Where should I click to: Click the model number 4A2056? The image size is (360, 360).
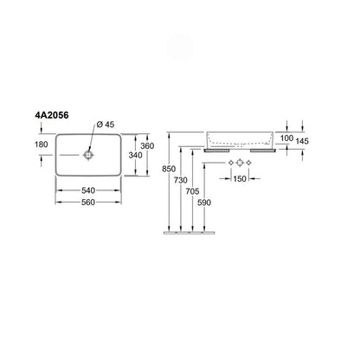point(52,115)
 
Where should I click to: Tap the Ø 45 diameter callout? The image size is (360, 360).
point(106,125)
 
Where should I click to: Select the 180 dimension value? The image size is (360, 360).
point(42,145)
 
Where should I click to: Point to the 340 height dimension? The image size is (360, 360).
point(135,155)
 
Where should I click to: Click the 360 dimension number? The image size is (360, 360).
point(147,146)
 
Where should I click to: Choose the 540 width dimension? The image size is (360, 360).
point(88,190)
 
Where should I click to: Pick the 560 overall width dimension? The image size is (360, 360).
point(88,202)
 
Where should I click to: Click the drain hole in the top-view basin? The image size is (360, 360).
point(88,155)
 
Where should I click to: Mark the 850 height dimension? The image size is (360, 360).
point(169,169)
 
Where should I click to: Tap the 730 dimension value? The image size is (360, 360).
point(181,180)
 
